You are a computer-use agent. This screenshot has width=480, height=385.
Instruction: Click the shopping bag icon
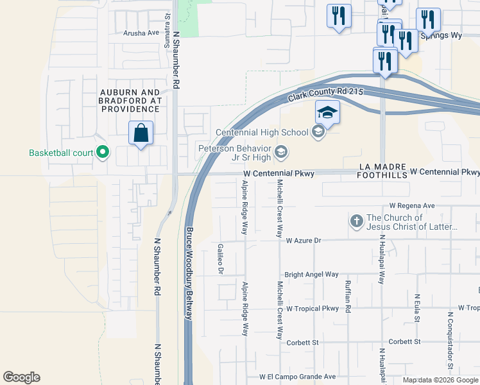click(141, 133)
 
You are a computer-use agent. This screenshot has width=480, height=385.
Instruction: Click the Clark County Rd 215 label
click(325, 94)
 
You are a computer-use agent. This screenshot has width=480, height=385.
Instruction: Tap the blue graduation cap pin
click(327, 114)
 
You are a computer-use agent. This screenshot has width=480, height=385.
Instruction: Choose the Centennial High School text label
click(262, 133)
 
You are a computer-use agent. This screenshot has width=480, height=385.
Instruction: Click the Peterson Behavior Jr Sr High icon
click(280, 152)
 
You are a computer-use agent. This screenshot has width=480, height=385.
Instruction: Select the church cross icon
click(357, 222)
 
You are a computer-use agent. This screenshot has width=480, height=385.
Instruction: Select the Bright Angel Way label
click(311, 274)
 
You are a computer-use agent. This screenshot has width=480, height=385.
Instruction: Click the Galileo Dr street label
click(220, 259)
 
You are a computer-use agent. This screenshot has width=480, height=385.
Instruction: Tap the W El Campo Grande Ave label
click(298, 377)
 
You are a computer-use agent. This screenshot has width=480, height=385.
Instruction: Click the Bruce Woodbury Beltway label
click(189, 272)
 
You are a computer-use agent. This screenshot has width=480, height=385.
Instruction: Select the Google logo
click(22, 377)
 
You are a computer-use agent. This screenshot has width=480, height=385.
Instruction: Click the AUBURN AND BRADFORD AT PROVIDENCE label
click(130, 101)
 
